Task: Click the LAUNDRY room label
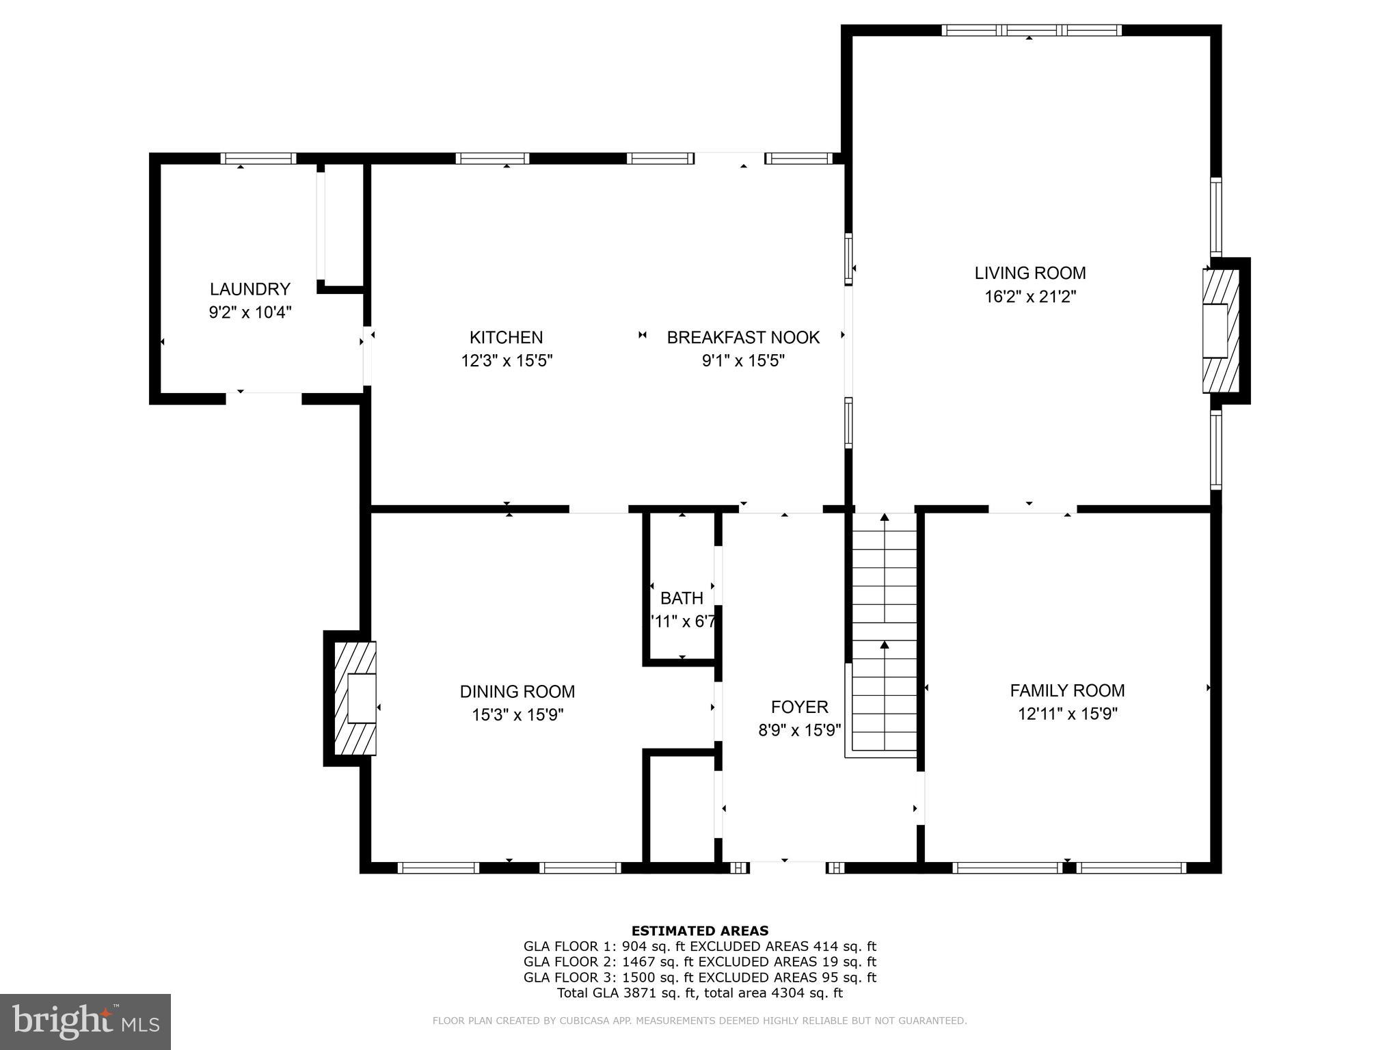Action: coord(250,289)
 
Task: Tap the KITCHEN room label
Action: coord(507,337)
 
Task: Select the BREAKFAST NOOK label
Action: coord(743,337)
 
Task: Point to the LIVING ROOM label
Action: coord(1030,273)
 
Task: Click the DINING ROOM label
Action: coord(517,691)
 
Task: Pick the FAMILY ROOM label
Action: coord(1067,690)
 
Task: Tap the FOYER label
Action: coord(799,707)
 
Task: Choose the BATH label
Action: coord(682,598)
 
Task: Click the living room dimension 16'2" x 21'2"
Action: coord(1030,297)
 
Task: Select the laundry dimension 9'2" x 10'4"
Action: coord(250,312)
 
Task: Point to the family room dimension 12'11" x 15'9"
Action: coord(1067,714)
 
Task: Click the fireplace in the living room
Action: coord(1222,331)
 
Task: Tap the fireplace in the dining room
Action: coord(355,698)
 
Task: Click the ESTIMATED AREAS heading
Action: coord(700,930)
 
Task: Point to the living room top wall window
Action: coord(1032,30)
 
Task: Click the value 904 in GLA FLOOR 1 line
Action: coord(634,947)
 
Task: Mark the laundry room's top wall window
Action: coord(258,159)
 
